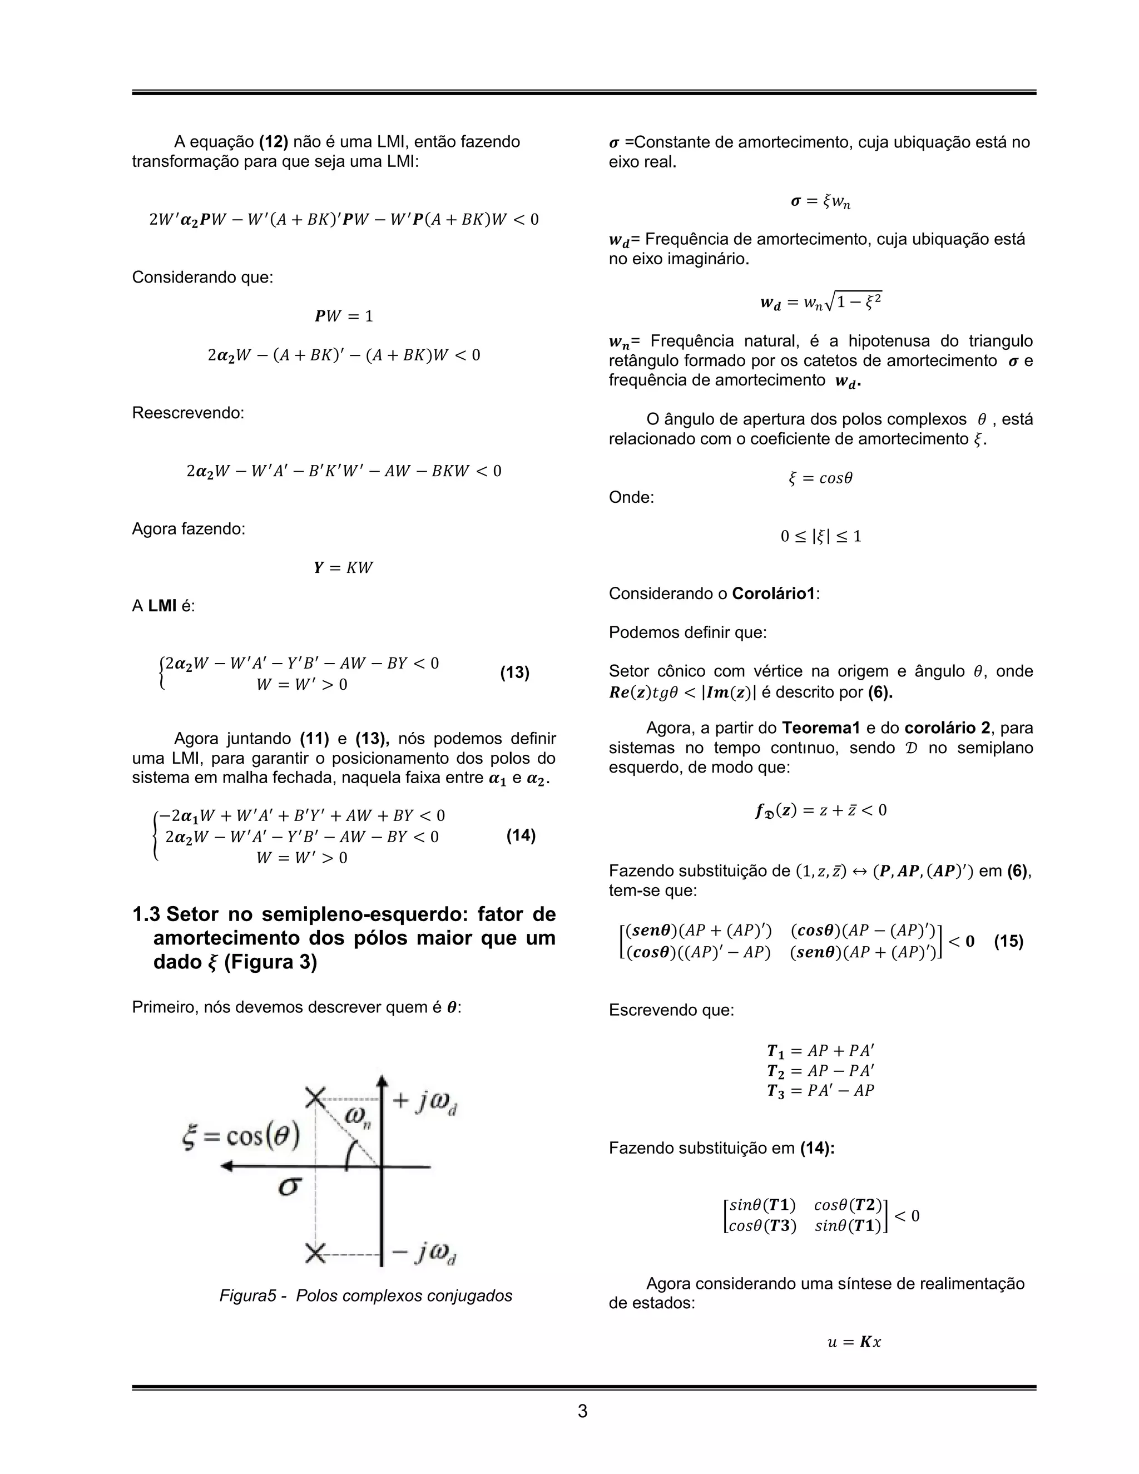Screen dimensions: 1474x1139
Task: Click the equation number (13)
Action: click(x=514, y=673)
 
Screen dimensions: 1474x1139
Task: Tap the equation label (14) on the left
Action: click(x=520, y=835)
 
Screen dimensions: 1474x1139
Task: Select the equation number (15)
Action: click(x=1008, y=942)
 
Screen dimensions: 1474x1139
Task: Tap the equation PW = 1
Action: click(x=344, y=316)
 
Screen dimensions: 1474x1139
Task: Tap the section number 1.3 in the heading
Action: click(x=146, y=914)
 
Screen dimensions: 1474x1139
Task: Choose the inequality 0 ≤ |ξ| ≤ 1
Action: click(x=820, y=537)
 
